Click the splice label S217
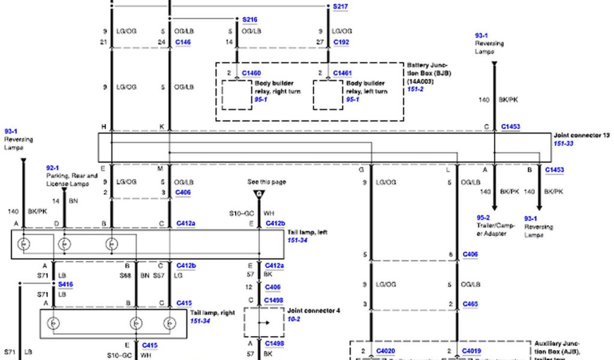click(341, 7)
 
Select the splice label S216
click(249, 20)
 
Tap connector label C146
click(183, 43)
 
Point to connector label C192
click(341, 43)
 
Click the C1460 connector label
click(251, 73)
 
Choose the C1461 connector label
click(342, 73)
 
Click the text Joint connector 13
click(582, 136)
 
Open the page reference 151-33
click(564, 144)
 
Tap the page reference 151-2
click(416, 89)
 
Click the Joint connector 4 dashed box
click(263, 322)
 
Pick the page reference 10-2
click(294, 319)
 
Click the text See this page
click(266, 182)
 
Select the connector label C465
click(470, 304)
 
